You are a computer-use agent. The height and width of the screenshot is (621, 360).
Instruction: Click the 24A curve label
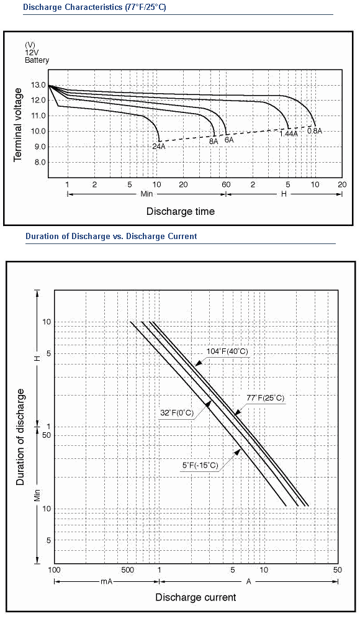[158, 146]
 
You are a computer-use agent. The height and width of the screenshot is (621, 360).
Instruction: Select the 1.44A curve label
[289, 134]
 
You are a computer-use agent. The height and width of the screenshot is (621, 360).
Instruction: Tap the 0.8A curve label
[315, 130]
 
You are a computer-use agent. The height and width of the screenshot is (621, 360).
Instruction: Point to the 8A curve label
[214, 140]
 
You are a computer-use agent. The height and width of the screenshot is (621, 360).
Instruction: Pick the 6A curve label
[229, 140]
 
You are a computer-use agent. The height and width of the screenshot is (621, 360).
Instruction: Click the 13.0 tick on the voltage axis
[38, 84]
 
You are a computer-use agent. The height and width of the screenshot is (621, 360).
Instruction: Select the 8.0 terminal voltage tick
[38, 162]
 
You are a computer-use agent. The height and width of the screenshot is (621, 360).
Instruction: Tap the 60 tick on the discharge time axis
[226, 184]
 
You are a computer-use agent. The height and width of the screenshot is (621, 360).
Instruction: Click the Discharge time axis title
[181, 211]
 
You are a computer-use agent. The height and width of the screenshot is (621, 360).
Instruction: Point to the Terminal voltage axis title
[18, 125]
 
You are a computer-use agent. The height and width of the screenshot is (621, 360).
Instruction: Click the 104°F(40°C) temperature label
[227, 351]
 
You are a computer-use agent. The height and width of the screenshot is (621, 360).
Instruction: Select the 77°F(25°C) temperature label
[266, 398]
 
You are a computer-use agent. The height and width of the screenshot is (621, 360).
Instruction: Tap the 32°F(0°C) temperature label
[177, 413]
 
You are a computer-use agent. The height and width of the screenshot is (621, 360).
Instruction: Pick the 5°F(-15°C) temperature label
[200, 465]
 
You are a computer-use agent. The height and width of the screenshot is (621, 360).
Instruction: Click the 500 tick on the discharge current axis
[127, 570]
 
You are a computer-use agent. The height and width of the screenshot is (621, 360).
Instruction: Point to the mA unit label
[107, 581]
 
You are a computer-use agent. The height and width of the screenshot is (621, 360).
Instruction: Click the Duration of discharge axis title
[20, 437]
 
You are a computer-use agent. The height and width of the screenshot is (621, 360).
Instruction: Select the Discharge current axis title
[196, 597]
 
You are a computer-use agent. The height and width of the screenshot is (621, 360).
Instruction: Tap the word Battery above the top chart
[37, 60]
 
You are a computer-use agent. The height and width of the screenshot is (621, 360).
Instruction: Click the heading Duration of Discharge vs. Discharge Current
[111, 237]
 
